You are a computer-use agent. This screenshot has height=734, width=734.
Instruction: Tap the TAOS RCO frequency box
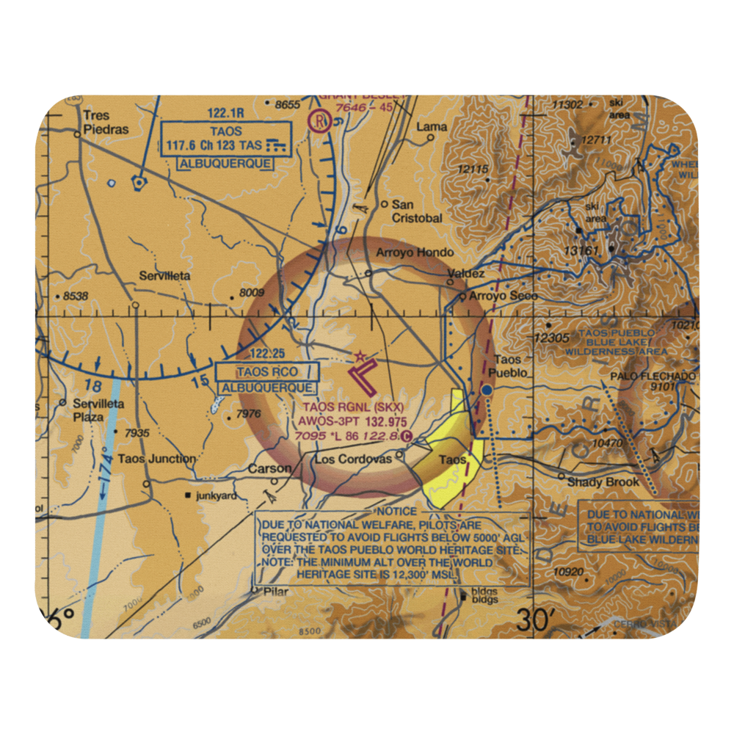(267, 372)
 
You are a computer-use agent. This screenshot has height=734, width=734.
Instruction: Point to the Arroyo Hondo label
(415, 252)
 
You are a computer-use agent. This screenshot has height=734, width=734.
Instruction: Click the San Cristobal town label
(416, 211)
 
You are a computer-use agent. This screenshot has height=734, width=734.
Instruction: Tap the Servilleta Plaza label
(98, 410)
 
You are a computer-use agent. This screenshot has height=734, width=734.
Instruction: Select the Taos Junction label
(157, 459)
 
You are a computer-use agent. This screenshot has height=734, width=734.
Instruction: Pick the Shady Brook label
(603, 482)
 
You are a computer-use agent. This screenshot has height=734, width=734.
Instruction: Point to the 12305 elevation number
(552, 338)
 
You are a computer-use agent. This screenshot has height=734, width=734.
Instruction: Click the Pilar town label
(277, 591)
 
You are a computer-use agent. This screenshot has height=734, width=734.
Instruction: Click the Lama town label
(432, 127)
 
